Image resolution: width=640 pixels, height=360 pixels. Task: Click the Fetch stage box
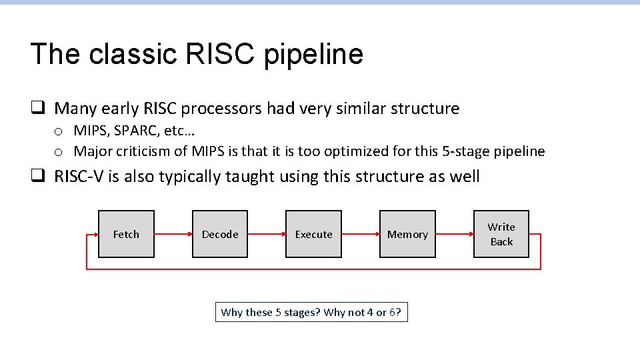coord(126,234)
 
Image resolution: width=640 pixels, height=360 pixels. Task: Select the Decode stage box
coord(220,234)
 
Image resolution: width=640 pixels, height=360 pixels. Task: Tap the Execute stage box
coord(313,234)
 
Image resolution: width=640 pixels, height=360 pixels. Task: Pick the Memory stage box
coord(407,234)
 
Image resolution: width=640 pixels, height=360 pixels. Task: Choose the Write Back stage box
coord(501,234)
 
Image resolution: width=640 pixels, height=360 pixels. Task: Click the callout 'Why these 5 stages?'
coord(311,312)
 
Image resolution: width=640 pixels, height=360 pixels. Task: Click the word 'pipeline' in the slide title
coord(313,55)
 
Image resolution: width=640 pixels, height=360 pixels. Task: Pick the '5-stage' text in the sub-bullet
coord(465,151)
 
